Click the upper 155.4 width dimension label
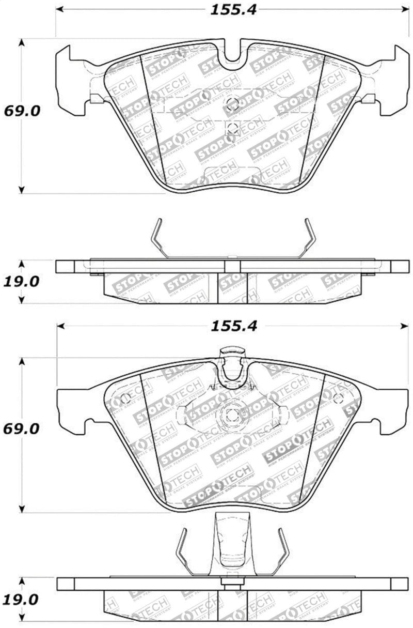(233, 10)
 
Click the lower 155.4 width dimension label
(233, 326)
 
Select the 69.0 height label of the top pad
(22, 111)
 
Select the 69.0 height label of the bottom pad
(22, 428)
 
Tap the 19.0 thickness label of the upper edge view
(21, 282)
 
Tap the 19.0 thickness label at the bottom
(21, 600)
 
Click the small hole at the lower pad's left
(125, 399)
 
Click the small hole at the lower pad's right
(338, 398)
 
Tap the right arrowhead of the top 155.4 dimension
(405, 10)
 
